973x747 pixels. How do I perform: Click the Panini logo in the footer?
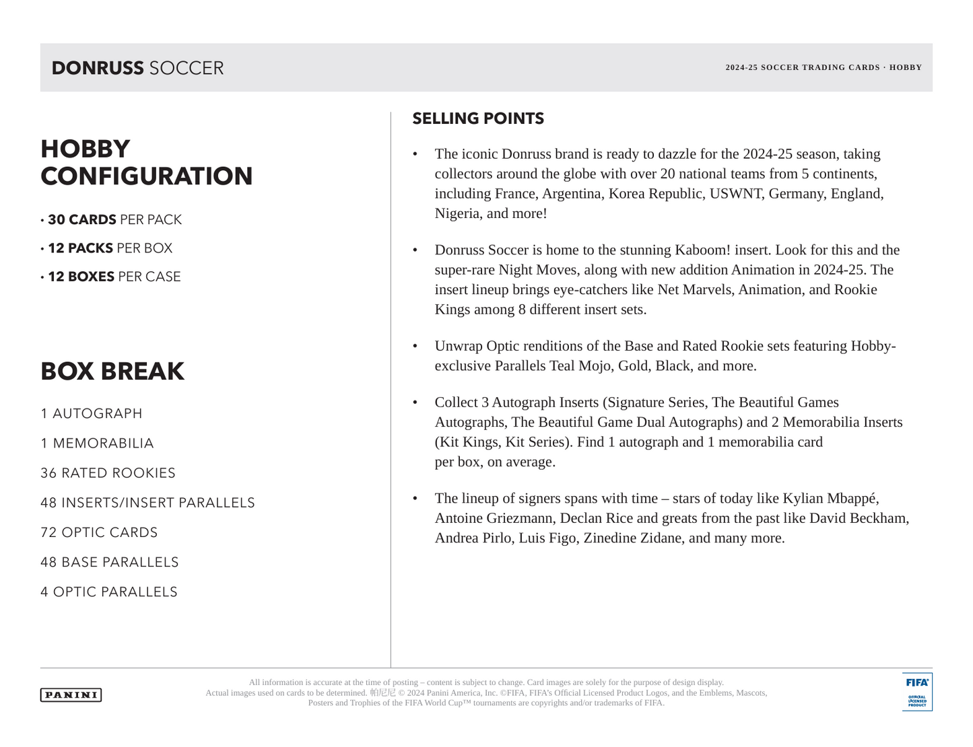pyautogui.click(x=71, y=695)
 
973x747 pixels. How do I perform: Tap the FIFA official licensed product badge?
pyautogui.click(x=917, y=692)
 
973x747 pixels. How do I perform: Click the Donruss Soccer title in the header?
pyautogui.click(x=137, y=68)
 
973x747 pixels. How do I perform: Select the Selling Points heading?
pyautogui.click(x=478, y=118)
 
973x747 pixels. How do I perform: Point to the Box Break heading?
pyautogui.click(x=112, y=371)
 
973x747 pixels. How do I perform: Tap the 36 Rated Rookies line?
pyautogui.click(x=108, y=473)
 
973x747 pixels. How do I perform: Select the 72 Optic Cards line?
pyautogui.click(x=99, y=532)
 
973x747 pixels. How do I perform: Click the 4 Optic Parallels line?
pyautogui.click(x=109, y=592)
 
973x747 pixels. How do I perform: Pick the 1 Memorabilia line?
pyautogui.click(x=97, y=443)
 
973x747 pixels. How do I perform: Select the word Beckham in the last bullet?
pyautogui.click(x=877, y=518)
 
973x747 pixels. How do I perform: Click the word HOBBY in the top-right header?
pyautogui.click(x=906, y=67)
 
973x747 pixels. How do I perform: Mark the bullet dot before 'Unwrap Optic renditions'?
pyautogui.click(x=415, y=347)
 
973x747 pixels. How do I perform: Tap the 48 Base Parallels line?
pyautogui.click(x=110, y=562)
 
